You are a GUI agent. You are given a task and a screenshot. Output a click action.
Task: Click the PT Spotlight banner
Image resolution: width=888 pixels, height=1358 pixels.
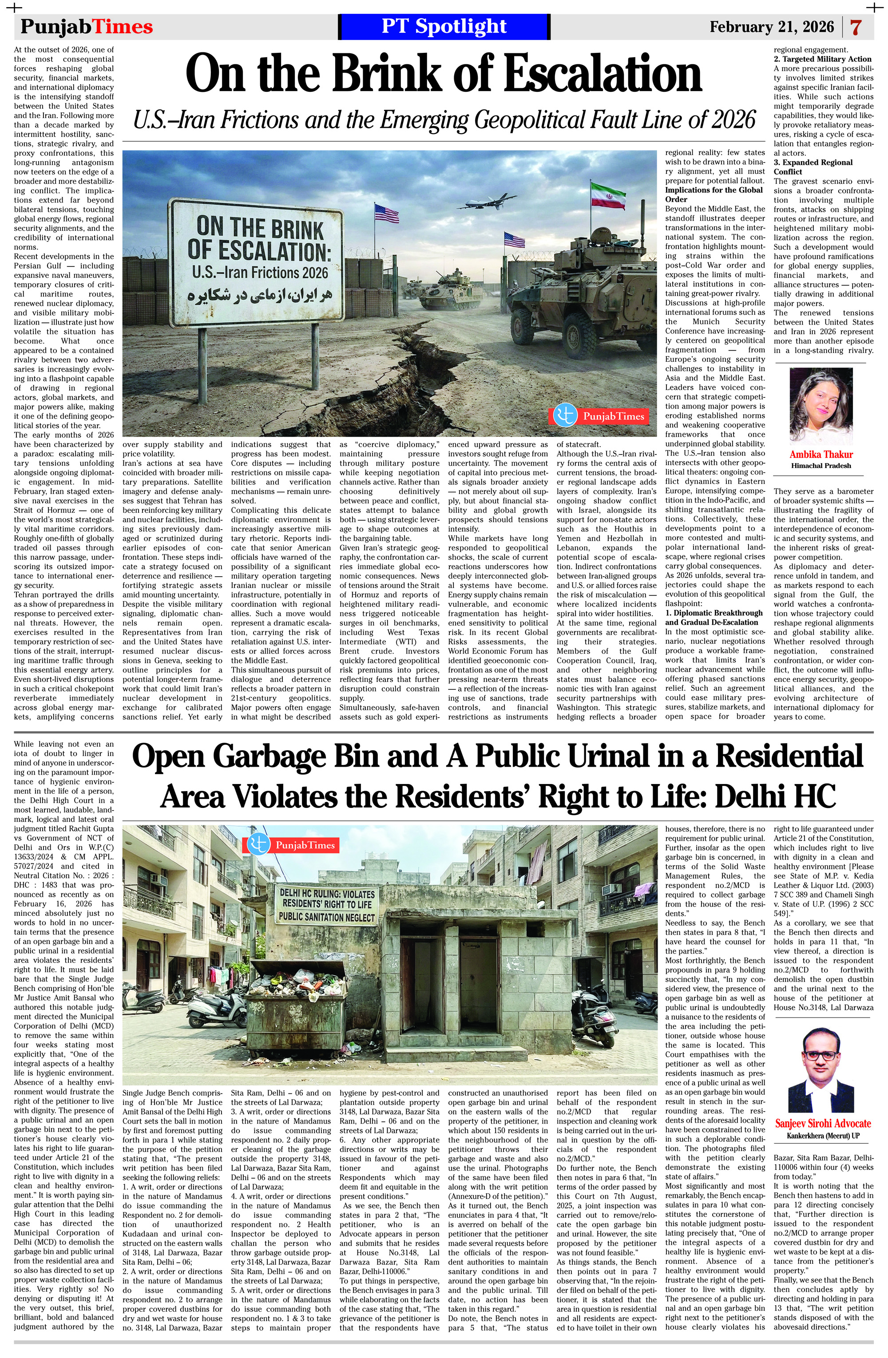coord(444,26)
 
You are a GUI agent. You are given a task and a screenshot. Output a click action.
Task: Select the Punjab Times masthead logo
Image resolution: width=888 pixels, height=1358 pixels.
coord(87,27)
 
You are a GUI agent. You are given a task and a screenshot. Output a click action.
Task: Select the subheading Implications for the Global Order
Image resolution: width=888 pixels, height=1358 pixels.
coord(714,194)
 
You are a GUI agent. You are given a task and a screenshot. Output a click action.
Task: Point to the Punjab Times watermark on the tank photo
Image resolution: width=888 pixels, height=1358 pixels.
coord(599,416)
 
